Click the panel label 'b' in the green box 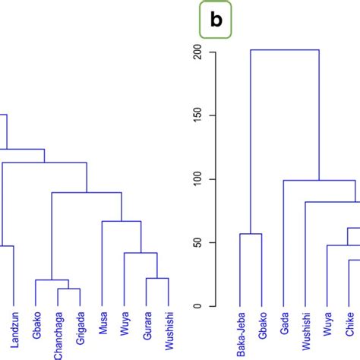[216, 21]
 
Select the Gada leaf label [284, 326]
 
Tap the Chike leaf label [349, 327]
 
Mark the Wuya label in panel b [327, 326]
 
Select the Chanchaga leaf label [58, 334]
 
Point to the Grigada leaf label [80, 329]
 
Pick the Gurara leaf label [147, 327]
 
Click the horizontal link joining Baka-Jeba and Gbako [251, 234]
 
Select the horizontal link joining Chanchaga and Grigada [69, 289]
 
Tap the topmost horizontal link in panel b [285, 50]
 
